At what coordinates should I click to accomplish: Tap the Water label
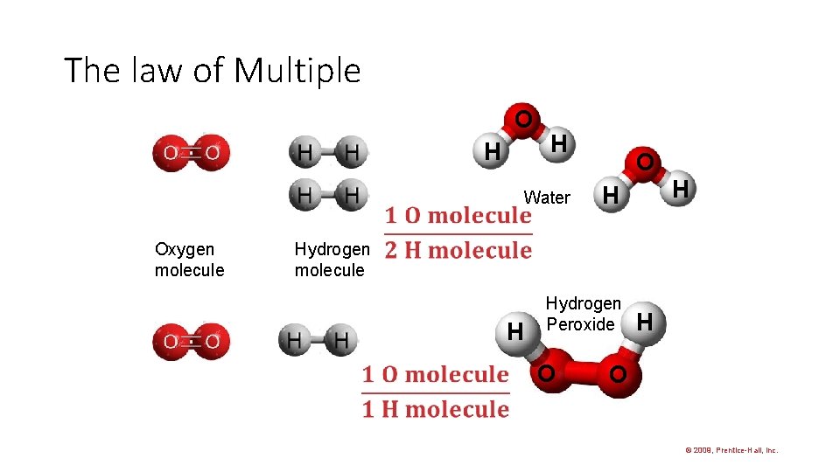(x=547, y=198)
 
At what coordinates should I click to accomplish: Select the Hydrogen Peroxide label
(x=583, y=314)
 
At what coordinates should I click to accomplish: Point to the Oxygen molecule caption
(x=189, y=260)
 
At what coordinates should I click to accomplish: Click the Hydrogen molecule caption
(x=332, y=260)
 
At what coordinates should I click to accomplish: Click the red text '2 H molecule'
(x=458, y=251)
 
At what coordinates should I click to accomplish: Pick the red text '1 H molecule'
(x=436, y=409)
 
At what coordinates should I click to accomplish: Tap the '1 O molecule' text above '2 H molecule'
(x=458, y=216)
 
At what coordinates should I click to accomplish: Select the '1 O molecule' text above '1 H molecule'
(x=436, y=375)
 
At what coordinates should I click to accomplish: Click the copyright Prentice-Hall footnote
(x=731, y=450)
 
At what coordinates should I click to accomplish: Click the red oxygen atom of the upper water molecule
(x=522, y=119)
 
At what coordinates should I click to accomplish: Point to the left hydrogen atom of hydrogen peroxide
(x=516, y=331)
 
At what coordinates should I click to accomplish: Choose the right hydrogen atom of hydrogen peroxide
(x=645, y=323)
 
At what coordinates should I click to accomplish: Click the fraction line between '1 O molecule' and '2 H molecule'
(x=458, y=233)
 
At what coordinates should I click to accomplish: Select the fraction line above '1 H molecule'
(x=436, y=392)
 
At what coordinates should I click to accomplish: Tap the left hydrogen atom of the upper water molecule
(x=493, y=151)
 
